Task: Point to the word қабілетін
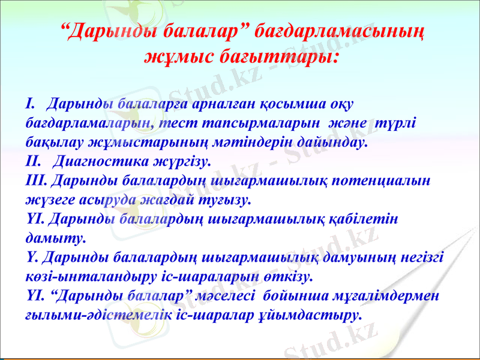(x=367, y=219)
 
